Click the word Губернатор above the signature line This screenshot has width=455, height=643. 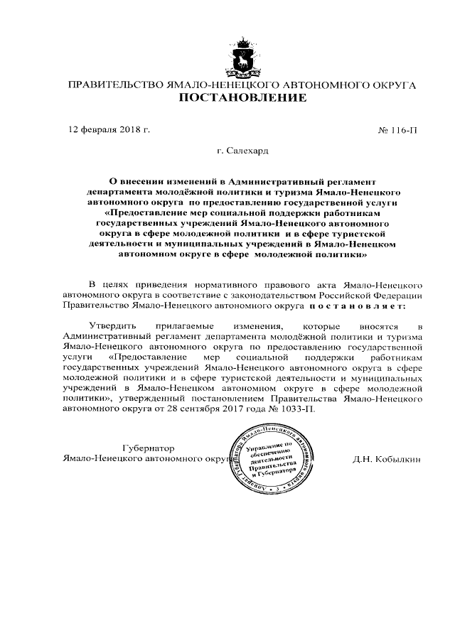click(148, 448)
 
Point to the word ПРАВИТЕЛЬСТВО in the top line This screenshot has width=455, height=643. click(114, 85)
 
